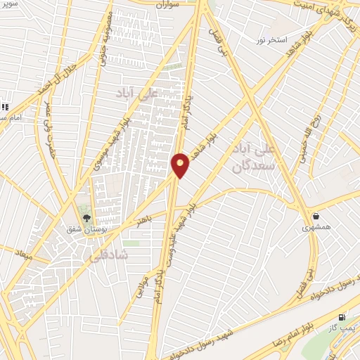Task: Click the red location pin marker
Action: (181, 165)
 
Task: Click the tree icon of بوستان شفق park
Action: (86, 214)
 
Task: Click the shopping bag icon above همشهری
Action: (316, 215)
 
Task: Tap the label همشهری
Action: (316, 227)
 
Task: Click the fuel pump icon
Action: (342, 317)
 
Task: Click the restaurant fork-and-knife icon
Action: (4, 107)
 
